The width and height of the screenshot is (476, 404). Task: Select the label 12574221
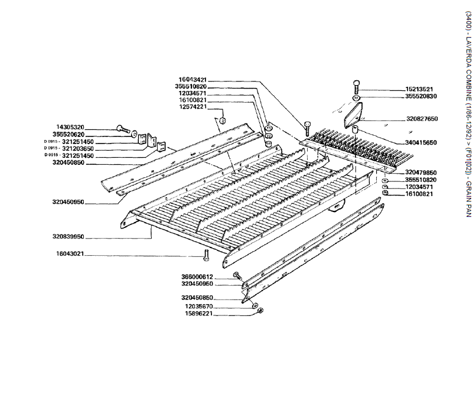(x=193, y=107)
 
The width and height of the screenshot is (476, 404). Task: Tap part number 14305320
(x=86, y=127)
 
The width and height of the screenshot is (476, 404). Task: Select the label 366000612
(x=197, y=276)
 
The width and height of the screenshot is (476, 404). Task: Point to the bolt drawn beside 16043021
(x=206, y=255)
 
